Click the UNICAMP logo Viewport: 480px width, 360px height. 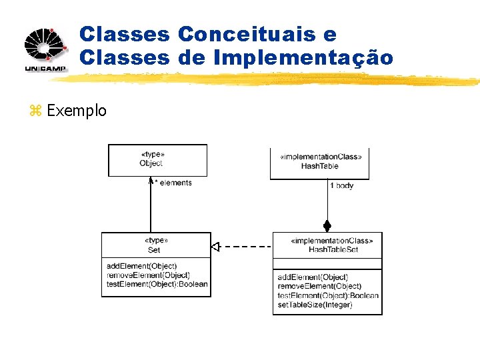coord(45,49)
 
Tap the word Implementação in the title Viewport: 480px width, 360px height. coord(303,58)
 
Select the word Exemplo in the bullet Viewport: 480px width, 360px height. coord(77,111)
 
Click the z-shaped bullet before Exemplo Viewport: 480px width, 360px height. coord(35,111)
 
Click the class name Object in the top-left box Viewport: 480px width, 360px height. coord(151,163)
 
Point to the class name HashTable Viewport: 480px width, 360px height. coord(320,166)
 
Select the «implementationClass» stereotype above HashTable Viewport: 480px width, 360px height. coord(321,157)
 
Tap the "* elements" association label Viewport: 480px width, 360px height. coord(173,183)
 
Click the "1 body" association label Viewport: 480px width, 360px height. coord(341,185)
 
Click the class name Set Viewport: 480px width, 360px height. coord(154,250)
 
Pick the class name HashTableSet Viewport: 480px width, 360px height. coord(333,249)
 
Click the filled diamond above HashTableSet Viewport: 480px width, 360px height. coord(327,225)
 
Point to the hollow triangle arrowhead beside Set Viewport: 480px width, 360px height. coord(215,247)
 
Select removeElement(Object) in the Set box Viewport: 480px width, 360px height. coord(148,275)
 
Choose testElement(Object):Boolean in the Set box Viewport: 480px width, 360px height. coord(157,283)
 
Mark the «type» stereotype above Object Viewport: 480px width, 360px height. coord(153,154)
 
